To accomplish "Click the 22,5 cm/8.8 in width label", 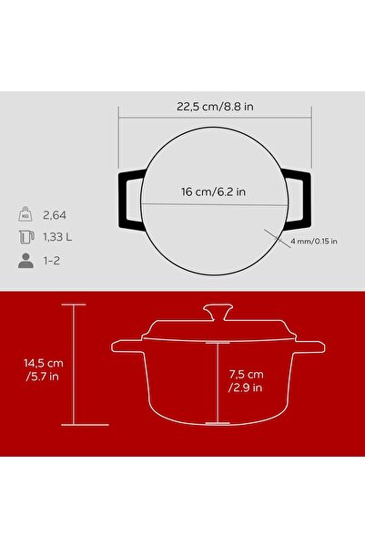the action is point(215,107).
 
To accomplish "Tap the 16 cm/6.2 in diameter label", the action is point(213,191).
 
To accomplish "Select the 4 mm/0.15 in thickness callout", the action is point(314,241).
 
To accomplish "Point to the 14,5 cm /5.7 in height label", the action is point(44,369).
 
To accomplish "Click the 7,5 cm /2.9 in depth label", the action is point(246,381).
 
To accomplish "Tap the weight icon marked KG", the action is point(25,214).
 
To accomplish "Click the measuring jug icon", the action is point(26,237).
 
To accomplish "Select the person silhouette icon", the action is point(25,261).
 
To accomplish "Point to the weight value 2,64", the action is point(55,215).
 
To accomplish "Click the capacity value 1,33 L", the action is point(57,237).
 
